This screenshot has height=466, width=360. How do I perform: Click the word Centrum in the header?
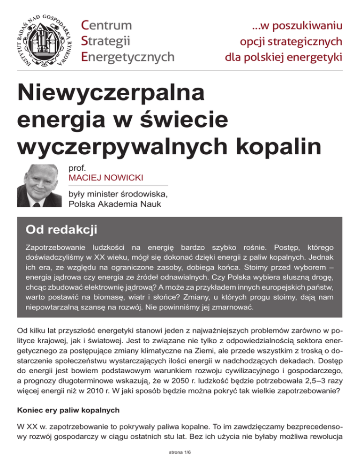coord(106,24)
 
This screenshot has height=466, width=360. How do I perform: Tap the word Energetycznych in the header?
coord(127,57)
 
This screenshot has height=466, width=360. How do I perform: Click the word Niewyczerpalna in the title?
coord(111,93)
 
